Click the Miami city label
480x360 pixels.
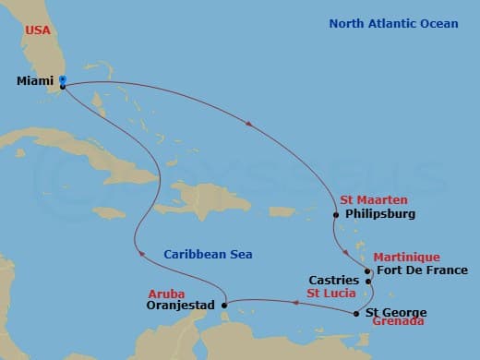35,81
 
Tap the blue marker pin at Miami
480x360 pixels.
62,81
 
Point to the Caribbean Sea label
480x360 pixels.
208,254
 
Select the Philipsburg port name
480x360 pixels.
378,214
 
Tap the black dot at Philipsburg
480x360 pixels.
336,215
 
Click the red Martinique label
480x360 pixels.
407,257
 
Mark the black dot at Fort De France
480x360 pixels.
367,271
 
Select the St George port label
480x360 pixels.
397,313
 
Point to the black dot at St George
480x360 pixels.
356,313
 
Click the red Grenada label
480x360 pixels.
399,322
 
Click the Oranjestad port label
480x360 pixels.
180,305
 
